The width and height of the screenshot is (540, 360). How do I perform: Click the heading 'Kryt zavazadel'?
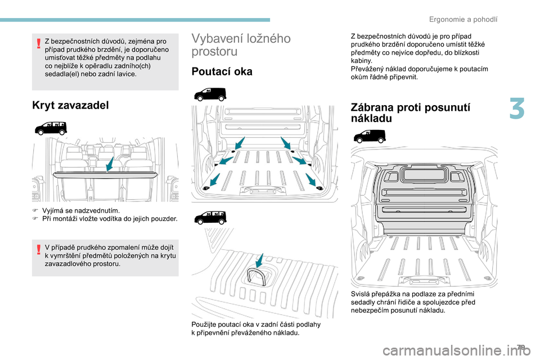coord(70,105)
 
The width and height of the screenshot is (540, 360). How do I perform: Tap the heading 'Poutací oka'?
coord(222,71)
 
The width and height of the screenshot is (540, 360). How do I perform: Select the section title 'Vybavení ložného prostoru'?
coord(241,45)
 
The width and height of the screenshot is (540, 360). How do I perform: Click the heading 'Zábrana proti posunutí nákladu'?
coord(410,112)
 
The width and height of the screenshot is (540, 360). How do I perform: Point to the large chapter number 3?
coord(517,109)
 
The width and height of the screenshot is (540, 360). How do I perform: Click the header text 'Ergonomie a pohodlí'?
coord(463,20)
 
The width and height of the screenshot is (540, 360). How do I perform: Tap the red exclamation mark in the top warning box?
coord(39,43)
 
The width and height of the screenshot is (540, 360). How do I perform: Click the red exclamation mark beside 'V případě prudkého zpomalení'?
coord(39,249)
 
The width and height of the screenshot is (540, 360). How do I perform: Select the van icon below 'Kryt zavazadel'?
coord(51,128)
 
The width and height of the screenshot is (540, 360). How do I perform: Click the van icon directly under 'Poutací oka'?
coord(210,94)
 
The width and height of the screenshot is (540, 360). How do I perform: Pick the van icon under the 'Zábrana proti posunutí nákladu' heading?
coord(370,136)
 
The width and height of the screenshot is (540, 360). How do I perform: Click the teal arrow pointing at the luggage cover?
coord(110,164)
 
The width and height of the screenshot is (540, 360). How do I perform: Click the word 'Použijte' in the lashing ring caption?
coord(204,325)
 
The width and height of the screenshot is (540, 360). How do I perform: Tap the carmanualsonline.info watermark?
coord(457,351)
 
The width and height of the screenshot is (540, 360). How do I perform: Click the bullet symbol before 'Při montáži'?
coord(34,219)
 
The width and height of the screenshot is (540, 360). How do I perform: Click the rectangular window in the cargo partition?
coord(424,174)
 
